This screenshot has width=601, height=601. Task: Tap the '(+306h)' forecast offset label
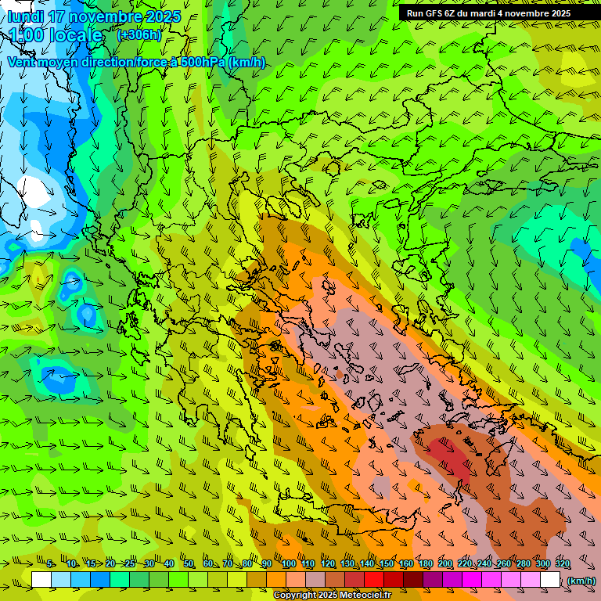(139, 34)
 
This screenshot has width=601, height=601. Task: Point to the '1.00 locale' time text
(56, 35)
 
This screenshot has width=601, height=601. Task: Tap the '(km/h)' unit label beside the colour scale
(580, 581)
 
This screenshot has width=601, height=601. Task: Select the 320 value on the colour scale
(563, 564)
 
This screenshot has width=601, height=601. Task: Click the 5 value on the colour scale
(51, 564)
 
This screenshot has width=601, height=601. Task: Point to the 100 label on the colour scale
(289, 564)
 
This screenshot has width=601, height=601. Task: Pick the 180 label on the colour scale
(426, 564)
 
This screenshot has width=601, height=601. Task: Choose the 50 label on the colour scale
(189, 564)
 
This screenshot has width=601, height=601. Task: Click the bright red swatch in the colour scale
(373, 580)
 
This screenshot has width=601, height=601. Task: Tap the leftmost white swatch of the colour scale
(41, 580)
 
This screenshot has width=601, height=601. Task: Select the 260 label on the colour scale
(504, 564)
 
